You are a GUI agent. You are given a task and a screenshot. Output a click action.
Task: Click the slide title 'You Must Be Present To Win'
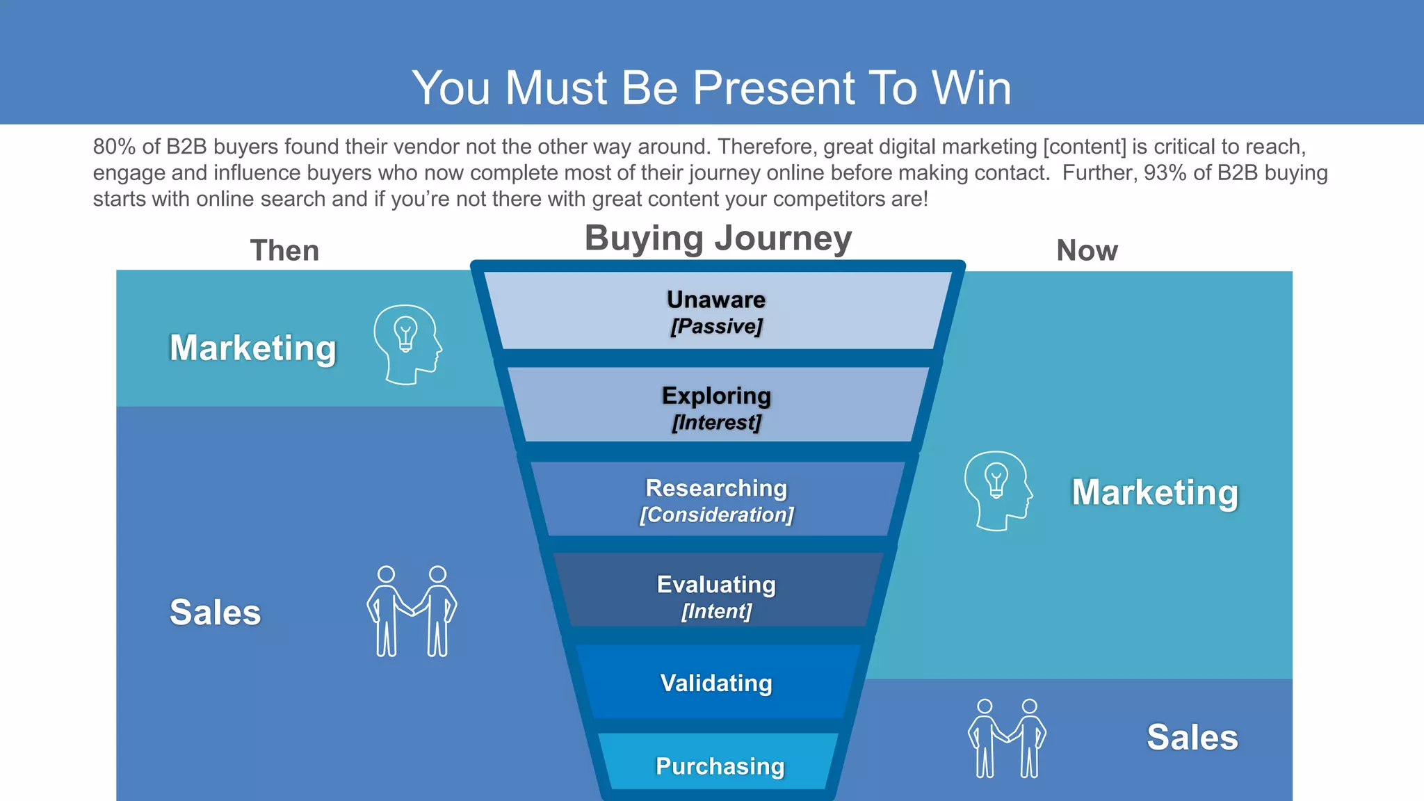[711, 88]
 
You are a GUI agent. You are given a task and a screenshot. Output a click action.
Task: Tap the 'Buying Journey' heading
[718, 238]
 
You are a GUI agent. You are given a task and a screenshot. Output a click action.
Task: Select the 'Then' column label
[284, 250]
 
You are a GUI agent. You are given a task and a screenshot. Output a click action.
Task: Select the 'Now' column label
[1087, 250]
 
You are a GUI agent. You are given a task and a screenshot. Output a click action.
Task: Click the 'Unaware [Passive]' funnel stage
[716, 311]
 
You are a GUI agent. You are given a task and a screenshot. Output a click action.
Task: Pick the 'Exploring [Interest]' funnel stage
[716, 407]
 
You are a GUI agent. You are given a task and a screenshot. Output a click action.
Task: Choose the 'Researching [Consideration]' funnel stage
[716, 500]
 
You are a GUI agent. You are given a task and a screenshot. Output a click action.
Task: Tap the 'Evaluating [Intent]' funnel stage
[716, 596]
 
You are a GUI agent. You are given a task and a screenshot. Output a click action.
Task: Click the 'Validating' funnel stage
[716, 683]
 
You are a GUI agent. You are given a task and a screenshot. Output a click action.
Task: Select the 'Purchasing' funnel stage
[720, 766]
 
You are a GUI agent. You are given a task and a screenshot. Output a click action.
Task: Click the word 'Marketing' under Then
[252, 348]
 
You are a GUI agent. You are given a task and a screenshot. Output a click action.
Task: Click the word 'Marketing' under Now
[1154, 492]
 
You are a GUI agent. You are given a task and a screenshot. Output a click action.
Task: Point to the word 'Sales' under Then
[215, 613]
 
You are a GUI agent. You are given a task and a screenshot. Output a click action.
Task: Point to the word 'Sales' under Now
[1192, 737]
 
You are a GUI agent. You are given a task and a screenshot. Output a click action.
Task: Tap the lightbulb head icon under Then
[407, 344]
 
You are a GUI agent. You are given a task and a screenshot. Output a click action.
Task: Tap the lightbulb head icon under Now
[998, 491]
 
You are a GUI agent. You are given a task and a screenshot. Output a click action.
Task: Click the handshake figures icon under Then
[412, 611]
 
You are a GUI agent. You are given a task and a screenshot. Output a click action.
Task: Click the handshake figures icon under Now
[1007, 738]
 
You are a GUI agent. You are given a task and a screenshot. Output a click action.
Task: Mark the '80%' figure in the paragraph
[114, 147]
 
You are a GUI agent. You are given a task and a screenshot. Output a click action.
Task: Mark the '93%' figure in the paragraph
[1165, 172]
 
